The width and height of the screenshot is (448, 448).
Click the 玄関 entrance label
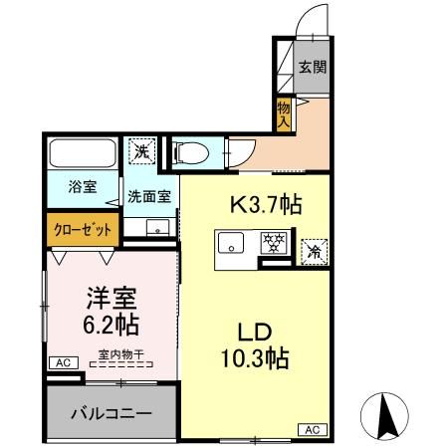coord(312,69)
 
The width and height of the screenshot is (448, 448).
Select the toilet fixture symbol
coord(189,152)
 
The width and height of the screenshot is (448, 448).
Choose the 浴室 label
coord(82,186)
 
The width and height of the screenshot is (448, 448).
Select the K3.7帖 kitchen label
coord(266,205)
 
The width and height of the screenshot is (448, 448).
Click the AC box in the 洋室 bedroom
coord(62,362)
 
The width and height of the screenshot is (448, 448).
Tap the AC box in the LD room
coord(312,429)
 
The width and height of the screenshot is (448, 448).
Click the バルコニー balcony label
coord(110,411)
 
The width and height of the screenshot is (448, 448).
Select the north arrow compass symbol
coord(389,415)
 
